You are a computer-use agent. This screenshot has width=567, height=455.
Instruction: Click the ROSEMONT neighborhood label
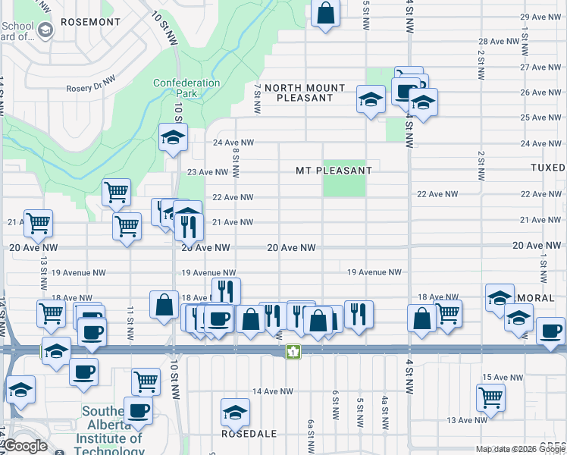tap(90, 22)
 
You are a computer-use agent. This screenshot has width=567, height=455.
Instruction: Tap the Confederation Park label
tap(186, 88)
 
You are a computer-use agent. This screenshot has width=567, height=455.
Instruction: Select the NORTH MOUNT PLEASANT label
tap(304, 93)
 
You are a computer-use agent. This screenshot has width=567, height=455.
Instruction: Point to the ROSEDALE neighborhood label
tap(241, 435)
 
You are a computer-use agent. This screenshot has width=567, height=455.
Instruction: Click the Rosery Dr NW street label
tap(90, 78)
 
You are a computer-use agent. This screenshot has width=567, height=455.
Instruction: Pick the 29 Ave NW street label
tap(540, 17)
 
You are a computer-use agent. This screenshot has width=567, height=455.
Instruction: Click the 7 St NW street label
tap(258, 100)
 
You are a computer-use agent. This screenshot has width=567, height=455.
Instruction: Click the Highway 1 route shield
tap(292, 352)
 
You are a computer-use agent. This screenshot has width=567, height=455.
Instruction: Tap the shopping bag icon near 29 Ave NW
tap(325, 13)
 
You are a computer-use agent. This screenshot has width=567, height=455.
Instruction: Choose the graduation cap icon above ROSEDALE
tap(235, 413)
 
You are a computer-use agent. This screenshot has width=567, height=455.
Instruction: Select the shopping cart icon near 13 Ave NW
tap(490, 396)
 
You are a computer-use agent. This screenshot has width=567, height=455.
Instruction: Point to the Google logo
tap(25, 446)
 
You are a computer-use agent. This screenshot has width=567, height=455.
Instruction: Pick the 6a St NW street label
tap(310, 430)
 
